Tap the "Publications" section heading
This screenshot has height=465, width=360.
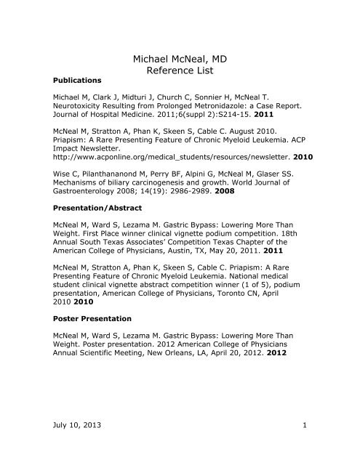coord(80,79)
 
